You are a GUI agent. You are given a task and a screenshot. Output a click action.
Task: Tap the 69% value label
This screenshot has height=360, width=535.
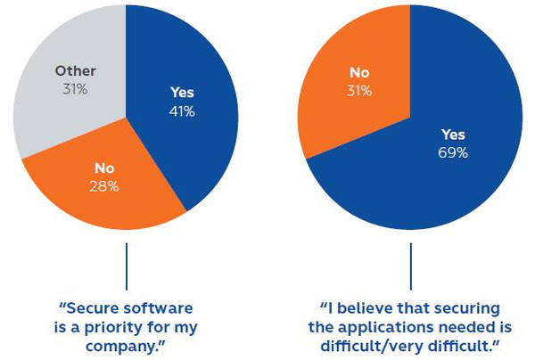453,152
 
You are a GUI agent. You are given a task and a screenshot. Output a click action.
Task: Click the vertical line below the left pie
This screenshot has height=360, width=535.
127,268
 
